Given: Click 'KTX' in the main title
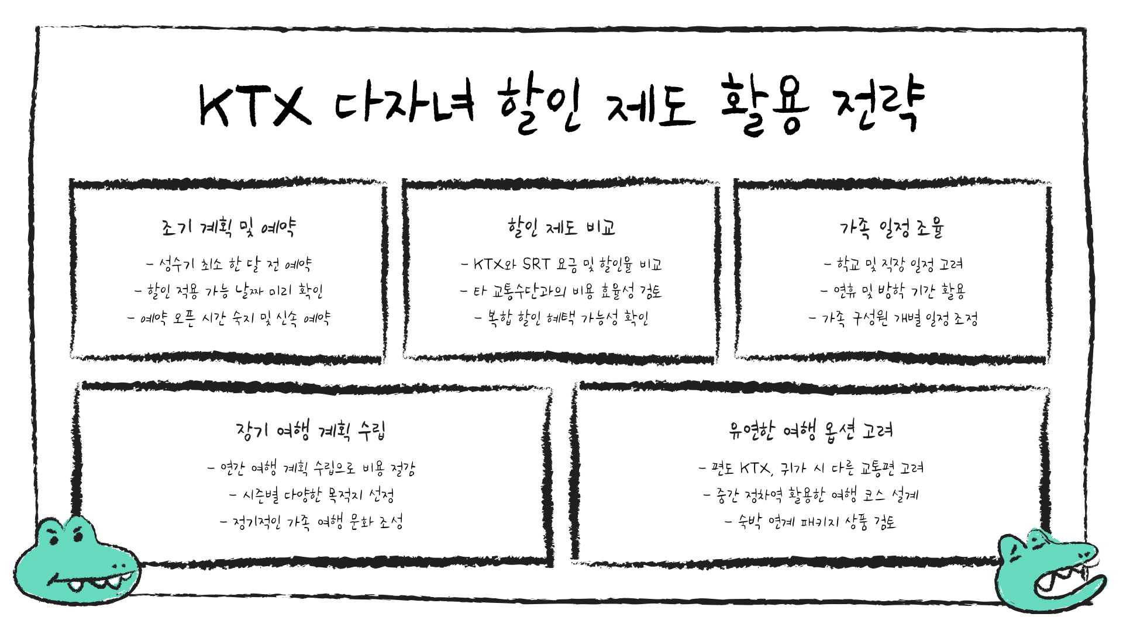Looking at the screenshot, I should coord(254,106).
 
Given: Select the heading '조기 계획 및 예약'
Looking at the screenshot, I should coord(228,227).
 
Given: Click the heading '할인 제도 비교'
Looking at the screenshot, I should coord(561,227).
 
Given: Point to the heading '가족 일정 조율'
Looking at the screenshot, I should coord(892,227).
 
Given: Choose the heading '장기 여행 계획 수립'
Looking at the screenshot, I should coord(311,431).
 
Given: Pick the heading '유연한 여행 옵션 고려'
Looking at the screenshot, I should coord(811,431).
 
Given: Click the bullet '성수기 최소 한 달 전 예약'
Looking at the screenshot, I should coord(229,265).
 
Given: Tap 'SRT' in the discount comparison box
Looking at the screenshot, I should coord(536,264).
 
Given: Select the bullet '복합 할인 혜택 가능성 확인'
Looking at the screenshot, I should coord(561,318).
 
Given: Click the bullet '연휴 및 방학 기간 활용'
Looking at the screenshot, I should coord(893,291).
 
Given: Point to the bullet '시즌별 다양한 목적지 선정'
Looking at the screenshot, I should coord(312,496).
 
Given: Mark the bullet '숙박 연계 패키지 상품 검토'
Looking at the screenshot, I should coord(811,522).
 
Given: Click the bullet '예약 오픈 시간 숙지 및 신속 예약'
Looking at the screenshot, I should coord(229,318).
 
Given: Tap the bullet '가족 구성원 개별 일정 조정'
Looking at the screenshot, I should coord(893,318).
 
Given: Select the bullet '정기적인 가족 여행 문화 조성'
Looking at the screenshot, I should coord(312,522).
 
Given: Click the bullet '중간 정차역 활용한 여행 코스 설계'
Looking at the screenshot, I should coord(811,496).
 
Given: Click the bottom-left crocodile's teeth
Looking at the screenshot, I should coord(97,582).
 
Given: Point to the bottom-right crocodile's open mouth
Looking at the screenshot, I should coord(1062,581).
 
